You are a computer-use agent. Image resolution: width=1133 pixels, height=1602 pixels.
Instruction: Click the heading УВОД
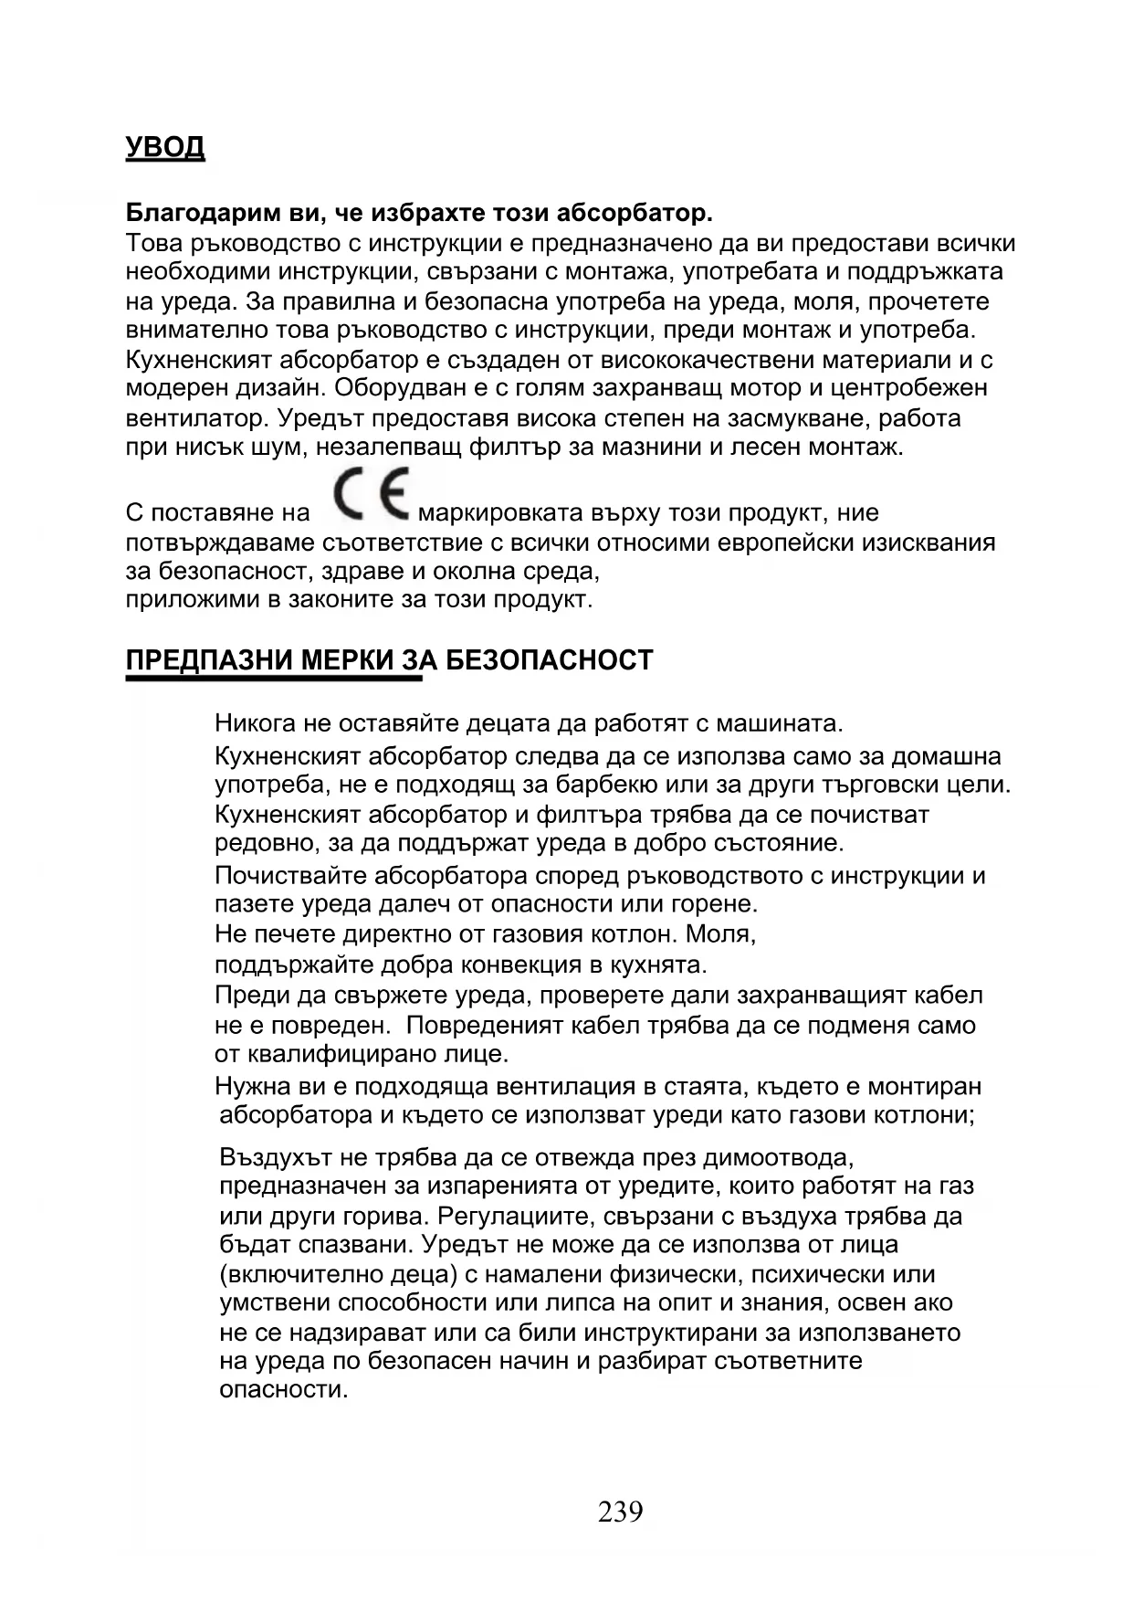click(x=164, y=147)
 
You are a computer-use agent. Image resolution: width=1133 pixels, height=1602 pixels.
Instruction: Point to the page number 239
click(x=621, y=1512)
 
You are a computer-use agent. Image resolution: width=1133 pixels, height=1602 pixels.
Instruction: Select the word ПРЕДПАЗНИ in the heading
click(x=206, y=660)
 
